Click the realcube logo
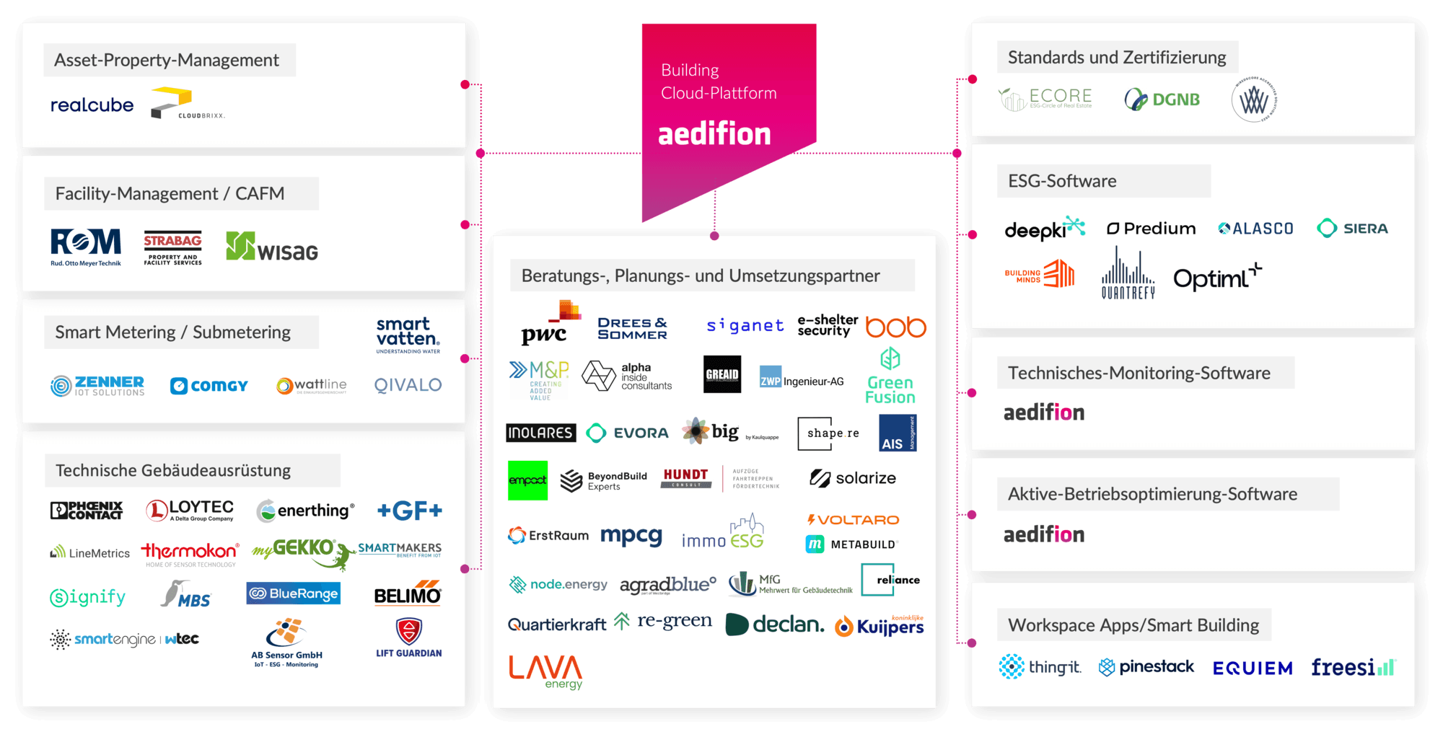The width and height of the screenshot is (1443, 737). point(92,105)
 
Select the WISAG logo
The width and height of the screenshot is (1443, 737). point(272,247)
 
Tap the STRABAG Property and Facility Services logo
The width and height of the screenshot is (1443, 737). point(172,249)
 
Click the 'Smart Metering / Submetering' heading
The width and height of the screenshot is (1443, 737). point(173,332)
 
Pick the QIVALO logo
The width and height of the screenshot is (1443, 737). point(408,385)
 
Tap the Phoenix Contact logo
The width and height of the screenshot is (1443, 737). point(87,511)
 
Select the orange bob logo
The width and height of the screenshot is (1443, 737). point(895,327)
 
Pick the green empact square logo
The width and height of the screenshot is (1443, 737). point(527,480)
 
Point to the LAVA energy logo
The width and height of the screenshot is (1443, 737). point(545,671)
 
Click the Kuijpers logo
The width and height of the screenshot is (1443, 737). point(880,626)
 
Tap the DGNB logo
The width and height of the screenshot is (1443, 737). point(1162,100)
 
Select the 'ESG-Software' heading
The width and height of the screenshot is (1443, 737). point(1062,181)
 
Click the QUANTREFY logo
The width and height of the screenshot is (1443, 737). point(1128,275)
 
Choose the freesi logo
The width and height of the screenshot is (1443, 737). point(1353,668)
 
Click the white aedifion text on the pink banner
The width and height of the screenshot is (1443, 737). point(714,135)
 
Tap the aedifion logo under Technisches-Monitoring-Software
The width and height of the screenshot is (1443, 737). point(1044,412)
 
